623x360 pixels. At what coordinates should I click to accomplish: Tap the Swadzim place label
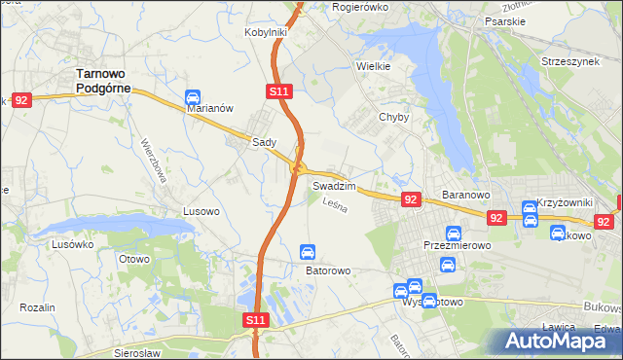(333, 185)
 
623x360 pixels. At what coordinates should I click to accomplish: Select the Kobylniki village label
(265, 32)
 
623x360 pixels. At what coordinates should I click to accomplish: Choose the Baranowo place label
(464, 195)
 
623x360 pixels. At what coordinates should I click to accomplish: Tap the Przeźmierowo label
(457, 246)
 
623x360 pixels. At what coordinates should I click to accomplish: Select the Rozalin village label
(37, 306)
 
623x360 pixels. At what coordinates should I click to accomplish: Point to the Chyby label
(393, 117)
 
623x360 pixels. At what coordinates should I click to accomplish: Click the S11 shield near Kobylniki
(278, 90)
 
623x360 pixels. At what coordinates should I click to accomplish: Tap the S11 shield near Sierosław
(255, 319)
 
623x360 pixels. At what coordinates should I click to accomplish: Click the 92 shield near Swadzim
(410, 199)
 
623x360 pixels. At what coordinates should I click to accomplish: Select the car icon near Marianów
(192, 98)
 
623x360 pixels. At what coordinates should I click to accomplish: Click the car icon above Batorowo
(308, 252)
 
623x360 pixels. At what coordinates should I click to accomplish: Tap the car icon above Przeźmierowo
(453, 233)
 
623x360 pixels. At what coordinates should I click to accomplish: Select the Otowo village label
(134, 259)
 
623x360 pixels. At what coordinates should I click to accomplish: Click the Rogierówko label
(360, 6)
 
